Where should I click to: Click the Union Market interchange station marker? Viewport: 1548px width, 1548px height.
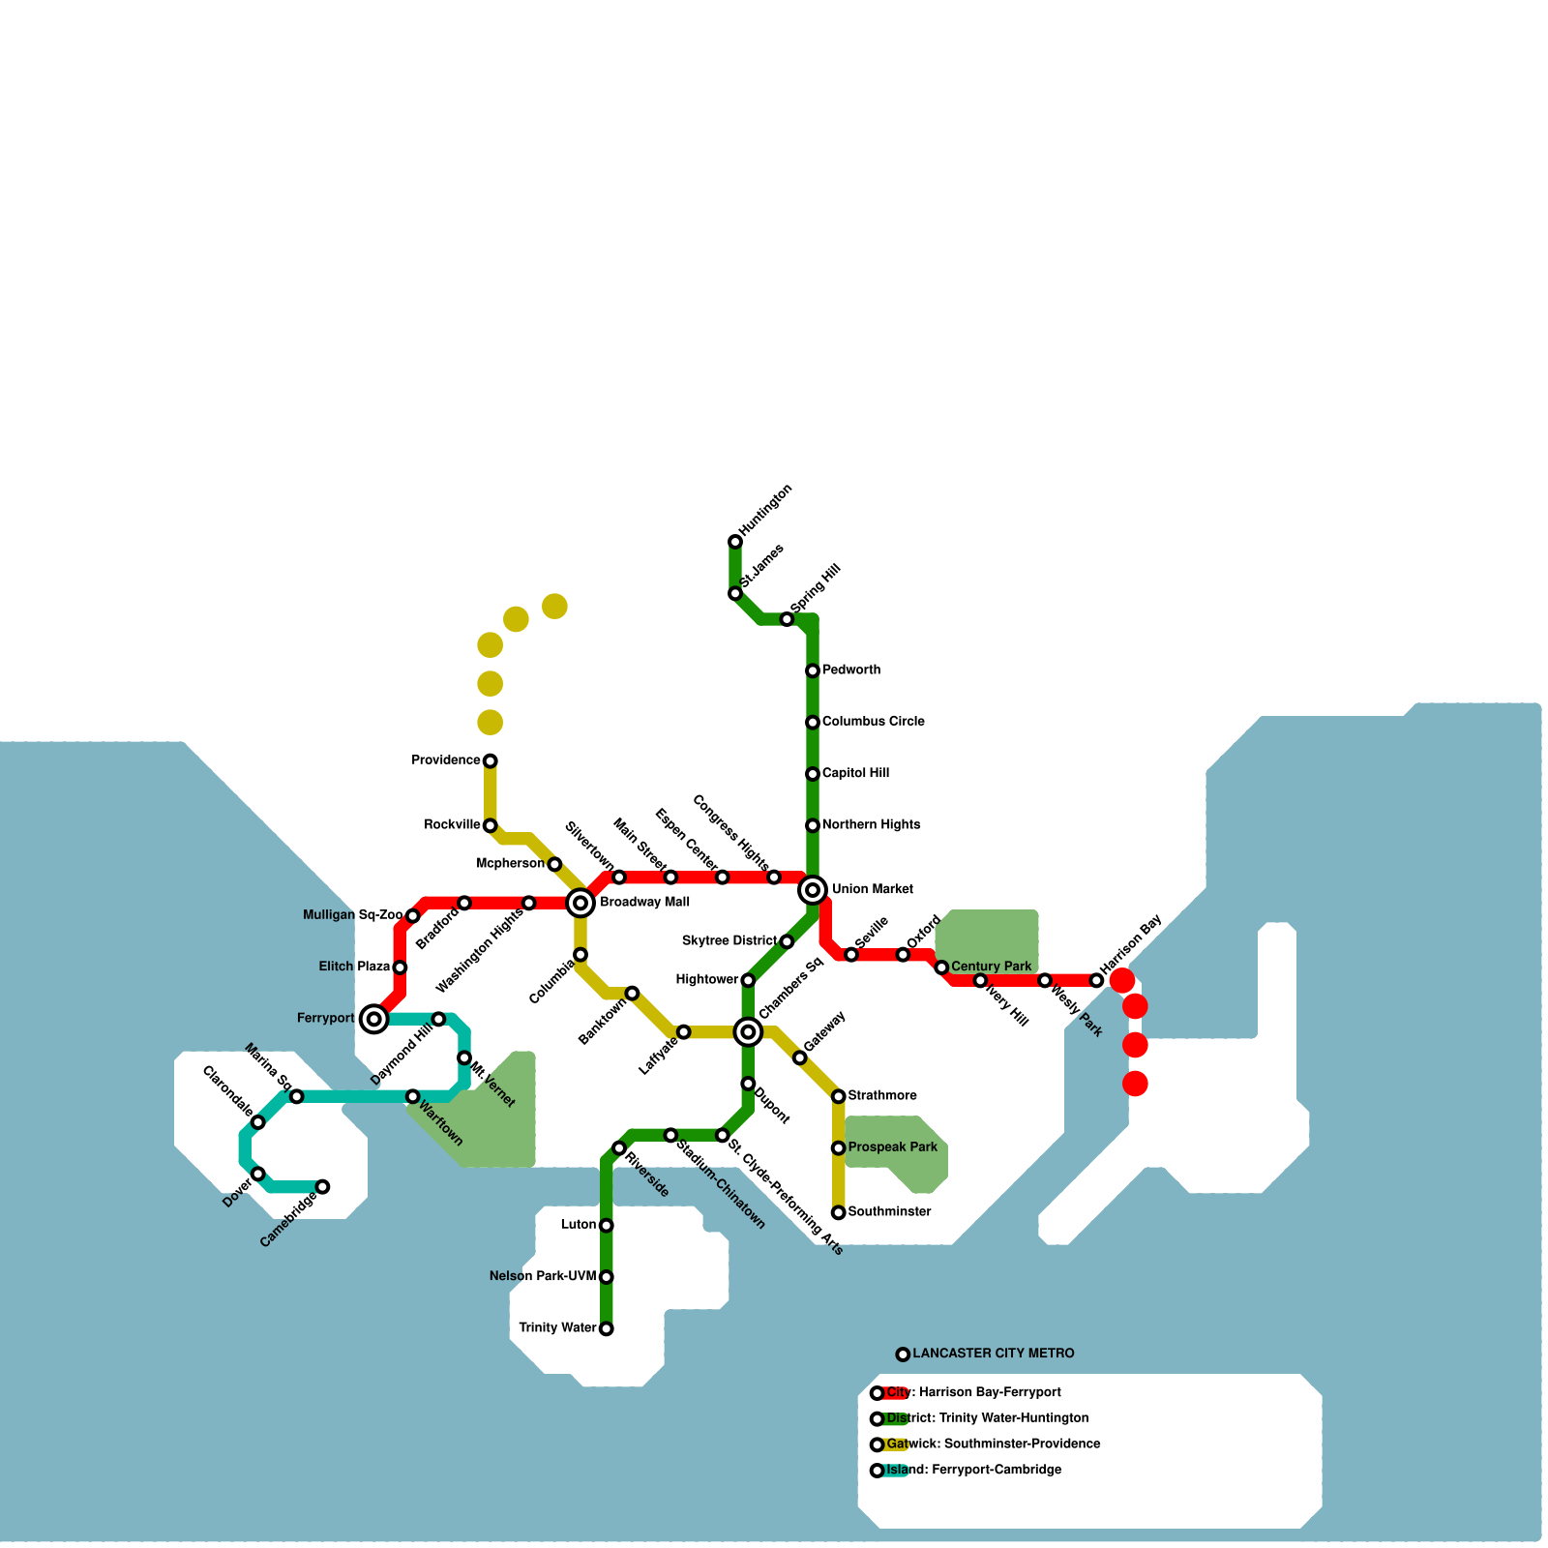pos(813,889)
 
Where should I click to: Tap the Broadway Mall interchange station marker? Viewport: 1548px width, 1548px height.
pos(580,903)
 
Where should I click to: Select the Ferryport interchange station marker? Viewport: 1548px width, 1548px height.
pos(374,1018)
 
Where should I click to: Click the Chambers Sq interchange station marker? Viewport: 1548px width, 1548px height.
pos(748,1032)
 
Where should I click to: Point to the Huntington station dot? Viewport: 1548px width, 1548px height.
pos(735,542)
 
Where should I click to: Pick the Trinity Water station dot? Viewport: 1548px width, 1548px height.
pos(607,1328)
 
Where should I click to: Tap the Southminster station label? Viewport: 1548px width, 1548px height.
pos(889,1212)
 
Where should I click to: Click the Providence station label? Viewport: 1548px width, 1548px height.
pos(446,760)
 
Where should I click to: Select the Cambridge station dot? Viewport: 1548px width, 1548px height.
pos(323,1187)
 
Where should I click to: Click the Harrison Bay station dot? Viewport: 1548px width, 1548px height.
pos(1096,980)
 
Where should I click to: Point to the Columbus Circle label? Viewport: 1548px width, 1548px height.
pos(873,722)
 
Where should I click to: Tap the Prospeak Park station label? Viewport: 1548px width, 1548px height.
pos(892,1147)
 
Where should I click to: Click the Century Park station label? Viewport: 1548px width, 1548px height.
pos(991,967)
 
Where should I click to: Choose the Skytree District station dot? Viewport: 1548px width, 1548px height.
pos(787,941)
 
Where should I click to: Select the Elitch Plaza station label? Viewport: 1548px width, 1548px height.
pos(355,967)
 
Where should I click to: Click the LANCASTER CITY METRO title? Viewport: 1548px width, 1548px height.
pos(993,1354)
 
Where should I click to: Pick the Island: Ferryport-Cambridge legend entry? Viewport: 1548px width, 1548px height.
pos(973,1470)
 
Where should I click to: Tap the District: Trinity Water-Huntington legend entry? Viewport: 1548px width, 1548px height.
pos(987,1418)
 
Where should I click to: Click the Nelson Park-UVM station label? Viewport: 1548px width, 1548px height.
pos(543,1277)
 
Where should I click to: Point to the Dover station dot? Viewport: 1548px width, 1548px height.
pos(258,1174)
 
